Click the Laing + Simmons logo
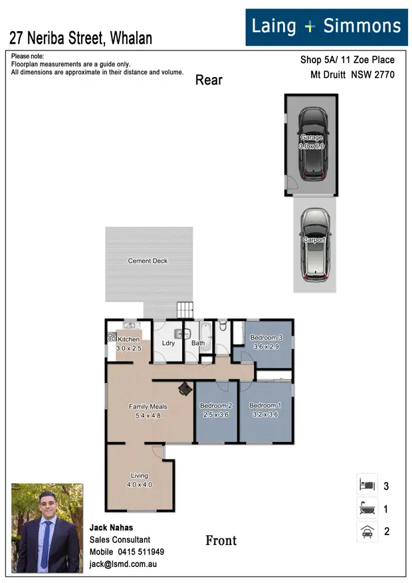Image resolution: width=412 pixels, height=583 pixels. coord(326,27)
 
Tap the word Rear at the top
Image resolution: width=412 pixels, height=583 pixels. coord(209,80)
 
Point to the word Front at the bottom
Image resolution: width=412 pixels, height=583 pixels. coord(221,540)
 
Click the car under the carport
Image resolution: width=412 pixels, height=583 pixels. coord(314,243)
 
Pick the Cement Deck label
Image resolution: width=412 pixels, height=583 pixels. coord(148,261)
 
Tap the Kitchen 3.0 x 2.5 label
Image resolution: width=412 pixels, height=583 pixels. coord(129,344)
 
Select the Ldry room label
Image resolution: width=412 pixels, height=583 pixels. coord(168,344)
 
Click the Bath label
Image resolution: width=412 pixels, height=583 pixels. coord(198,344)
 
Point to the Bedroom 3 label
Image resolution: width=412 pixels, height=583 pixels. coord(266,342)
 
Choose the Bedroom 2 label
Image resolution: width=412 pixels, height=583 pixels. coord(216,410)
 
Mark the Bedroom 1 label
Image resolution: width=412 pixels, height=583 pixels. coord(265,410)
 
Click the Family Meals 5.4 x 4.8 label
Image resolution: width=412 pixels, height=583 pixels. coord(148,411)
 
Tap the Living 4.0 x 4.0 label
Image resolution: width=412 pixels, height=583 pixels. coord(140,480)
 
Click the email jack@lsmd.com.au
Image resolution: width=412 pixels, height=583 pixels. coord(123,564)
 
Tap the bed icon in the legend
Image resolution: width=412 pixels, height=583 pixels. coord(367,485)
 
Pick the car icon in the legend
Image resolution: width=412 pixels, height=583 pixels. coord(367,531)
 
